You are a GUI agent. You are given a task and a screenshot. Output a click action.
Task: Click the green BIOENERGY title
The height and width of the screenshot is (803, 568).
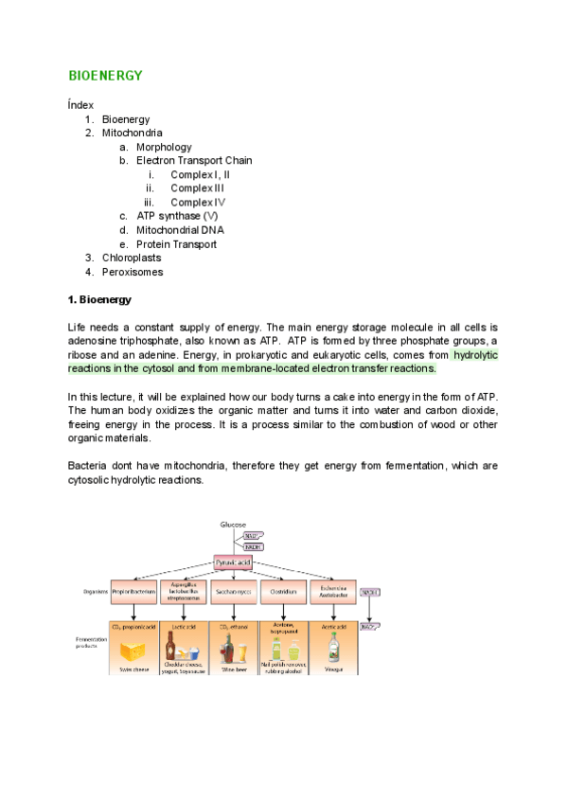coord(105,75)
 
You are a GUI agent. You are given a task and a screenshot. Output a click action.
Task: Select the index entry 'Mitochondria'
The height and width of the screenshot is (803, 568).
coord(132,134)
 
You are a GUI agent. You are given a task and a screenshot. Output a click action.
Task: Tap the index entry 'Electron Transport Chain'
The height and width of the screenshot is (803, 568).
coord(194,161)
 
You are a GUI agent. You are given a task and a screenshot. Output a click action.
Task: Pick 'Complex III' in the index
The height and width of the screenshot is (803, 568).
coord(198,188)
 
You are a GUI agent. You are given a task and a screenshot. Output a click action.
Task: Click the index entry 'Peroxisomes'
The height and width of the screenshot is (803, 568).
coord(133,272)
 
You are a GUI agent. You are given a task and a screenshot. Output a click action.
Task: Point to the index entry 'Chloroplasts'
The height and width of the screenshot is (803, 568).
coord(132,258)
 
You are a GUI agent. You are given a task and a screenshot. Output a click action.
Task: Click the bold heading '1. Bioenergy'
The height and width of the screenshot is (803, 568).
coord(99,300)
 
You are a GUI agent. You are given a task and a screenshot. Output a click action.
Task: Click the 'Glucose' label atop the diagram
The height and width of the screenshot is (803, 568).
coord(233,525)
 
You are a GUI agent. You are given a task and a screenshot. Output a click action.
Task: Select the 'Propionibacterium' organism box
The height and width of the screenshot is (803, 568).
coord(133,593)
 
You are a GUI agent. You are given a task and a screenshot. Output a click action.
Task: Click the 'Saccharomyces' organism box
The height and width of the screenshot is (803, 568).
coord(233,593)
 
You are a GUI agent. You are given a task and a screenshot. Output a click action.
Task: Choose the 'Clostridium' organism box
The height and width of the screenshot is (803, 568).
coord(283,593)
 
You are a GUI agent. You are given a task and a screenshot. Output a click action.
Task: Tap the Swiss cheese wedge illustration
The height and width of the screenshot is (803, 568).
coord(133,650)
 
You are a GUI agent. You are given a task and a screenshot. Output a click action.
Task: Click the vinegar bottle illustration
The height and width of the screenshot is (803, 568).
coord(332,648)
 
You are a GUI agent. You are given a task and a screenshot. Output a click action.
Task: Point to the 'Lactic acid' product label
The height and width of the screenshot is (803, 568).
coord(183,626)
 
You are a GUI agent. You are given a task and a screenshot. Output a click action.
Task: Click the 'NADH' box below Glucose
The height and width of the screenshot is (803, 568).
coord(253,546)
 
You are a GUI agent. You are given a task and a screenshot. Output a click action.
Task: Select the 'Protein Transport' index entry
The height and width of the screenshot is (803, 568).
coord(176,244)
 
